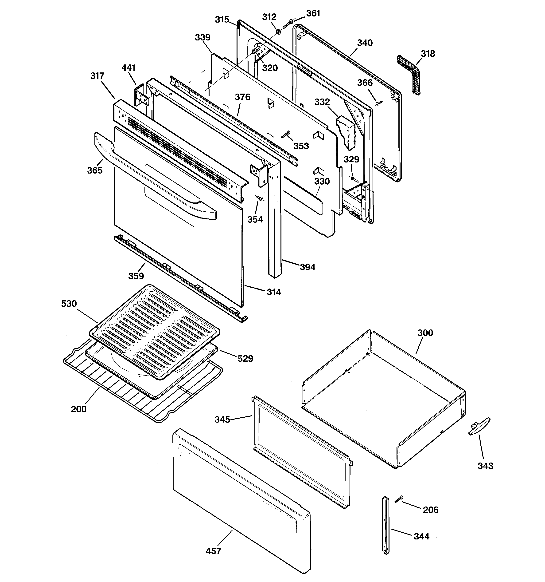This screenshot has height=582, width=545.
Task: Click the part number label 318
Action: tap(428, 54)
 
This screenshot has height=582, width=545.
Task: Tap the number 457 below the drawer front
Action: tap(213, 551)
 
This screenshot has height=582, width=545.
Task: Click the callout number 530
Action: tap(69, 304)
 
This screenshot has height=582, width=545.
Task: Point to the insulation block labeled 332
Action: tap(346, 132)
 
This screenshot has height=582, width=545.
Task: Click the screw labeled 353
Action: tap(285, 135)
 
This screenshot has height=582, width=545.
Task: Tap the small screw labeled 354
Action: tap(259, 198)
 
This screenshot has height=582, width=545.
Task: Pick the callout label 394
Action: tap(308, 267)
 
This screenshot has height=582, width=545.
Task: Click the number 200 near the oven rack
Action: tap(78, 409)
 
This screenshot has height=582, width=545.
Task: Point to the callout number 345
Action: tap(222, 420)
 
